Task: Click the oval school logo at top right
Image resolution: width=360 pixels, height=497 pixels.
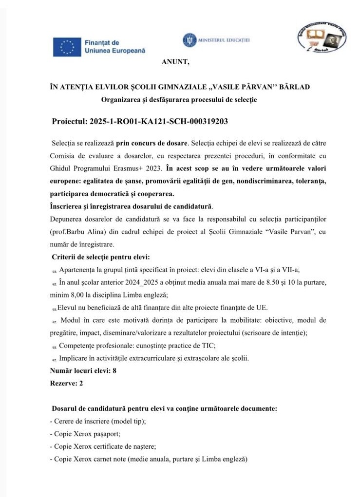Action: pyautogui.click(x=322, y=39)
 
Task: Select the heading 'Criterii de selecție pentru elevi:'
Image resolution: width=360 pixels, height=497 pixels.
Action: pyautogui.click(x=101, y=257)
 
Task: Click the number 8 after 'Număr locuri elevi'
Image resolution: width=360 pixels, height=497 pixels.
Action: pyautogui.click(x=114, y=370)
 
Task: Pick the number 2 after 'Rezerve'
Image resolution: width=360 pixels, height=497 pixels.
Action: pyautogui.click(x=81, y=383)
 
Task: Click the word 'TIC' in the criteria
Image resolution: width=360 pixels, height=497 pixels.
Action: pyautogui.click(x=208, y=345)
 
